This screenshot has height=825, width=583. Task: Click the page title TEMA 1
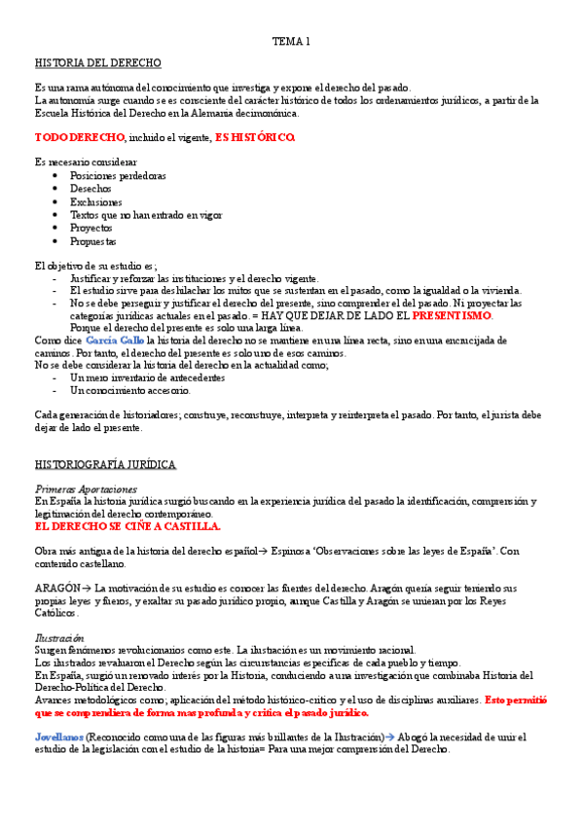pos(291,41)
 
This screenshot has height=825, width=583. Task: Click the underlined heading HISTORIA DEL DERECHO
pos(97,63)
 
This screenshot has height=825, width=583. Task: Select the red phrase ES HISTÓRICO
pos(254,137)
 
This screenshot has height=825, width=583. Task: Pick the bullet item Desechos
pos(91,189)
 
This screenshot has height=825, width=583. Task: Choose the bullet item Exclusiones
pos(96,201)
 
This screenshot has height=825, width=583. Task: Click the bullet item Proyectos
pos(92,228)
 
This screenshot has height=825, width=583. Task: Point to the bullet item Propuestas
pos(93,240)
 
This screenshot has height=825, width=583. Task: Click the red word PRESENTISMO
pos(453,315)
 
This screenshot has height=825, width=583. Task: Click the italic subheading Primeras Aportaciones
pos(86,488)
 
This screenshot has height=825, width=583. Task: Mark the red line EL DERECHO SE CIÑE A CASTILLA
pos(128,526)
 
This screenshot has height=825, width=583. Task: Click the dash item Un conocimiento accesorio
pos(129,390)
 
